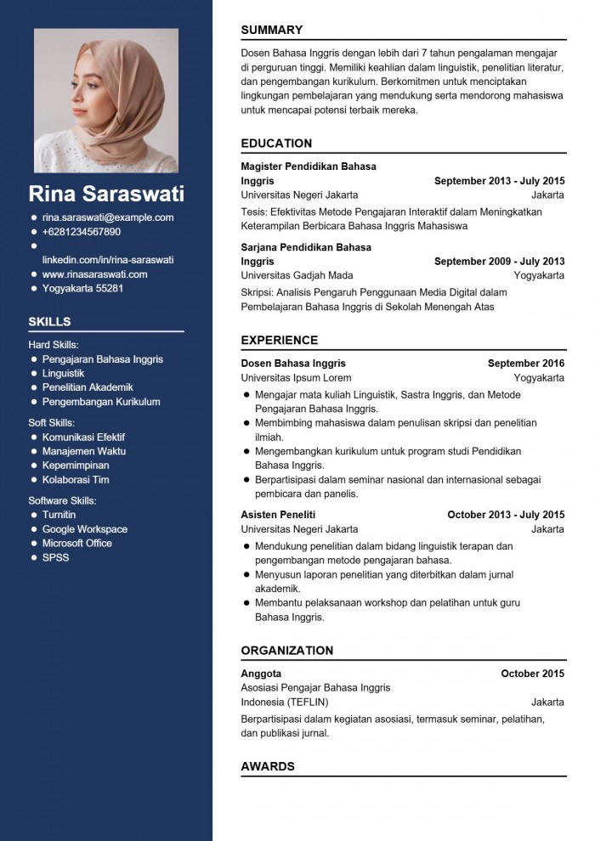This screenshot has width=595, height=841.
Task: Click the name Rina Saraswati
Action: [106, 194]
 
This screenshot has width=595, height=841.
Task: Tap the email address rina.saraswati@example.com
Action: [108, 217]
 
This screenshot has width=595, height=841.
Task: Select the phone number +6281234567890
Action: [82, 232]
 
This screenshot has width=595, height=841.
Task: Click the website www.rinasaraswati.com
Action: [95, 274]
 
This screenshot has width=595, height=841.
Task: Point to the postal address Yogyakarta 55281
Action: [83, 289]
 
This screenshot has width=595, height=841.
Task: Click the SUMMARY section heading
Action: [271, 30]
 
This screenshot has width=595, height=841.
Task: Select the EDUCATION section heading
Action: [276, 144]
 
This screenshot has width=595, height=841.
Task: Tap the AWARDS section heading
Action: [268, 766]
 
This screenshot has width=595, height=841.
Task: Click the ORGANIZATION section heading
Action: [286, 651]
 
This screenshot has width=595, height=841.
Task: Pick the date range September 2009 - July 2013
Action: [499, 262]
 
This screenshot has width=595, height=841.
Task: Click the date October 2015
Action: [532, 674]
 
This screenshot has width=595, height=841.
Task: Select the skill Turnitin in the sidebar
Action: [59, 515]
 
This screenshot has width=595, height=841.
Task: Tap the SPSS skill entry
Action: [56, 558]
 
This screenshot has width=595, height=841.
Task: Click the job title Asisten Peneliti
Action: [278, 515]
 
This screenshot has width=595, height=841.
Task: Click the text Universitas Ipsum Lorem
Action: [296, 378]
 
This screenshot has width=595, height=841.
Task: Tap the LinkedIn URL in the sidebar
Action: [108, 260]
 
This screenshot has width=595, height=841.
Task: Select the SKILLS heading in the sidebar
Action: [49, 322]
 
